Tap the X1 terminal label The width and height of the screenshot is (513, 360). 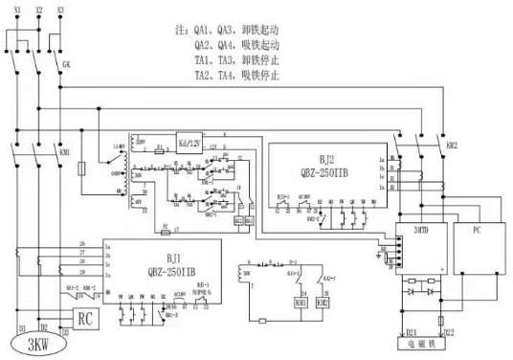click(x=11, y=9)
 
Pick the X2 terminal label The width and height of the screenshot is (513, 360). click(x=37, y=9)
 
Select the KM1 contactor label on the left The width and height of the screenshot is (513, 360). click(x=65, y=152)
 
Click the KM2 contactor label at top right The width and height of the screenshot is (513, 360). click(x=453, y=144)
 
